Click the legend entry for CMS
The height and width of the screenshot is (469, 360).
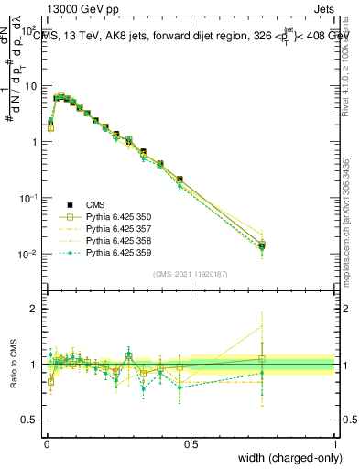coord(95,205)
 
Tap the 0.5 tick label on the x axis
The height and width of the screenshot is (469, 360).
coord(191,443)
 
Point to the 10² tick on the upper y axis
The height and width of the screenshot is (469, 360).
coord(29,29)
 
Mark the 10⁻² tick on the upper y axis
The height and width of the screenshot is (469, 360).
coord(28,254)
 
